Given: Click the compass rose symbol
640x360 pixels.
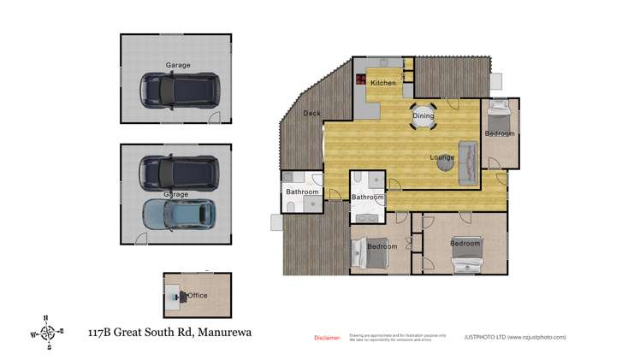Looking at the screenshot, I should coord(50,331).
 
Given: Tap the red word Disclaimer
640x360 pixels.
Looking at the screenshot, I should coord(327,338).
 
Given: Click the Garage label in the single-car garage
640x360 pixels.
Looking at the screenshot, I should coord(178,65).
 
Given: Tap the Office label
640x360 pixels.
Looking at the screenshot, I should coord(198,296).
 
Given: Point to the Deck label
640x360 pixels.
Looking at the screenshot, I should coord(311,113).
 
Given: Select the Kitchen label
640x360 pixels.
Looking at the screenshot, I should coord(382,83).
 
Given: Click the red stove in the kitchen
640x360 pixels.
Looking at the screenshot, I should coord(362,81).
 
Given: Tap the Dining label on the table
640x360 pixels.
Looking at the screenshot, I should coord(424,115).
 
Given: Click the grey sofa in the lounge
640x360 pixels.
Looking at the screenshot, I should coord(468,162).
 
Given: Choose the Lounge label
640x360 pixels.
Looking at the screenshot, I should coord(441,157).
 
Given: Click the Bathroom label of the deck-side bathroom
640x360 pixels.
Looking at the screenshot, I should coord(302,192).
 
